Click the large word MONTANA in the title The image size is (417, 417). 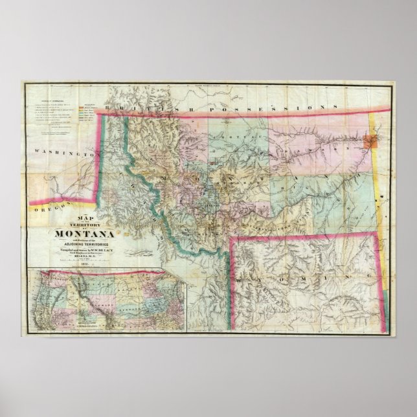[85, 233]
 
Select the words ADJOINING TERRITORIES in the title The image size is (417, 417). [86, 244]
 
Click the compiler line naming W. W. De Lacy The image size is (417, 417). [86, 250]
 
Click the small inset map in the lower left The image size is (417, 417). [107, 301]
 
